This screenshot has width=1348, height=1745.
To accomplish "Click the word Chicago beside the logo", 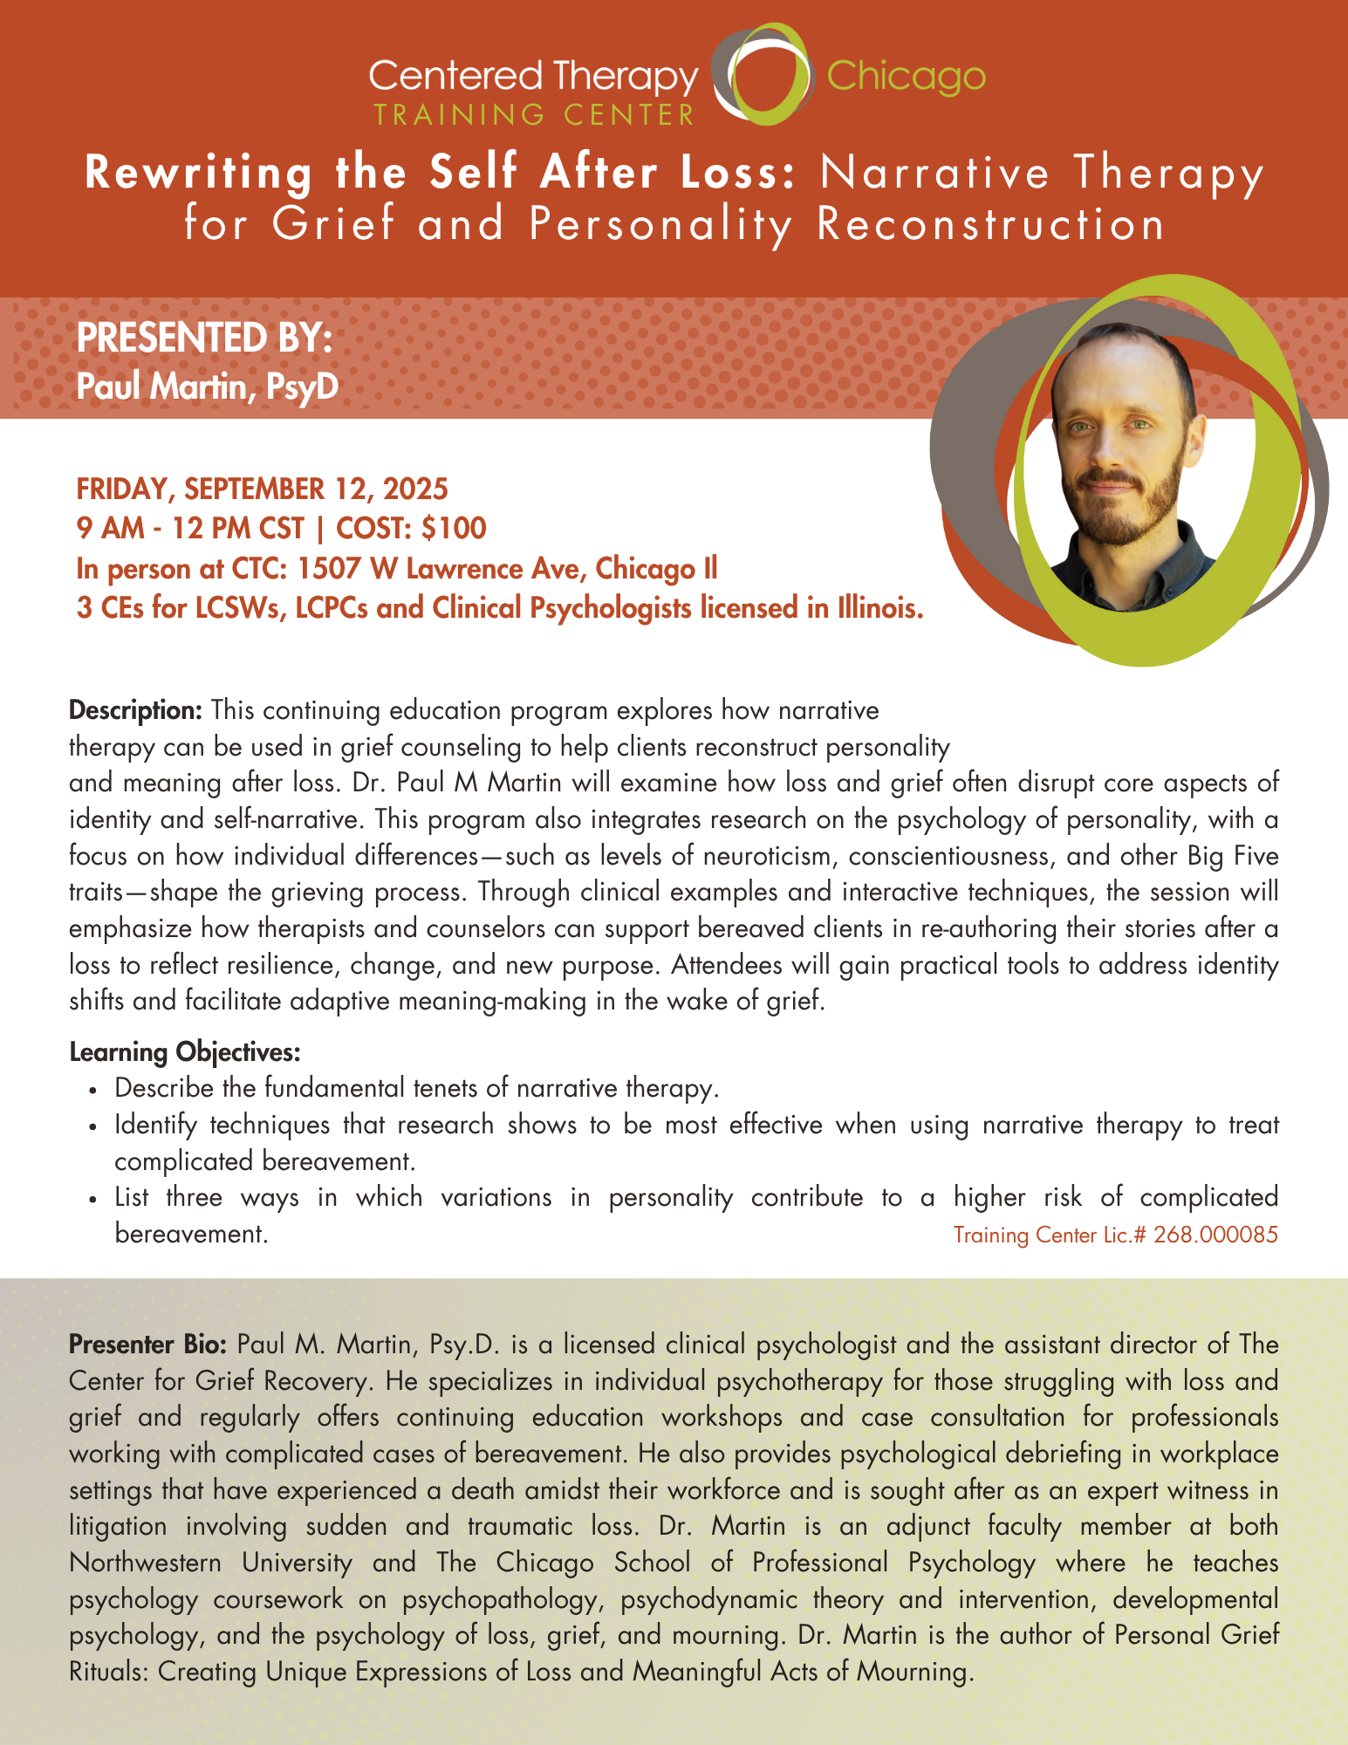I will (x=905, y=78).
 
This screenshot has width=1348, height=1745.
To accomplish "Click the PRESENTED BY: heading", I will (x=205, y=339).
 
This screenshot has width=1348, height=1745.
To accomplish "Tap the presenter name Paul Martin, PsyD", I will (x=207, y=386).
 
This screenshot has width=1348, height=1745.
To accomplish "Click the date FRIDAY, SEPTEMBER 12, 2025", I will (x=262, y=489).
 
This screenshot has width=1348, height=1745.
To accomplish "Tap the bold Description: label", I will (x=136, y=710).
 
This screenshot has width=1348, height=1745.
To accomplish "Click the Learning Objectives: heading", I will (x=185, y=1052).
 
